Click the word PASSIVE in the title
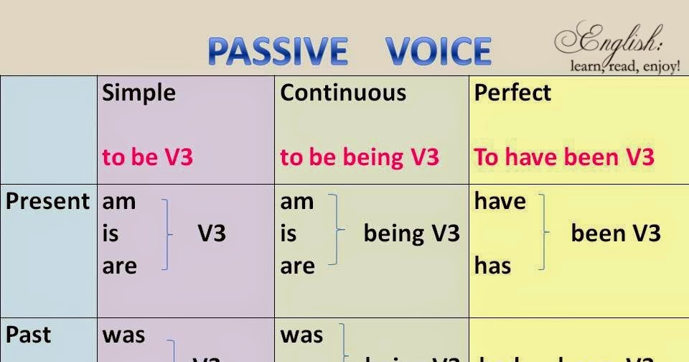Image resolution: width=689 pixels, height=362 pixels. (278, 52)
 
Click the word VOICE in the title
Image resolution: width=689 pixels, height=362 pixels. (438, 52)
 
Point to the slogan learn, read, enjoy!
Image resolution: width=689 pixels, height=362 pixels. (624, 67)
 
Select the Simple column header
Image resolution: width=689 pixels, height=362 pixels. (139, 93)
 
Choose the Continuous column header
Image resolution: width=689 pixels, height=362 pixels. (343, 93)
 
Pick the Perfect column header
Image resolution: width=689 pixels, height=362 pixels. (512, 93)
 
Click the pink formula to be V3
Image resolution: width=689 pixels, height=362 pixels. (148, 157)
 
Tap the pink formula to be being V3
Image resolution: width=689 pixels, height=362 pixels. (360, 157)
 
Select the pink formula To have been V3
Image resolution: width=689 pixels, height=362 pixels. (564, 157)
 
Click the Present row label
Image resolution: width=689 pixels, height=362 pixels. (47, 201)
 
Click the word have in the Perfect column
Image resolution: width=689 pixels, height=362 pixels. (500, 202)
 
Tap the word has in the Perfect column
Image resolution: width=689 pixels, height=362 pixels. (492, 266)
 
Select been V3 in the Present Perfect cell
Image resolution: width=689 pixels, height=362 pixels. (615, 233)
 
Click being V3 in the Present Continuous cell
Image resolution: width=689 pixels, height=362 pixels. (411, 233)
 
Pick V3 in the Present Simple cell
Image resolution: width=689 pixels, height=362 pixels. (212, 233)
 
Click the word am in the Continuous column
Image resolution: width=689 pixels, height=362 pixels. (297, 202)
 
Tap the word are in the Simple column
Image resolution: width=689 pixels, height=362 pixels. (119, 266)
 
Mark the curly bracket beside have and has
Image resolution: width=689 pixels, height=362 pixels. (546, 233)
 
